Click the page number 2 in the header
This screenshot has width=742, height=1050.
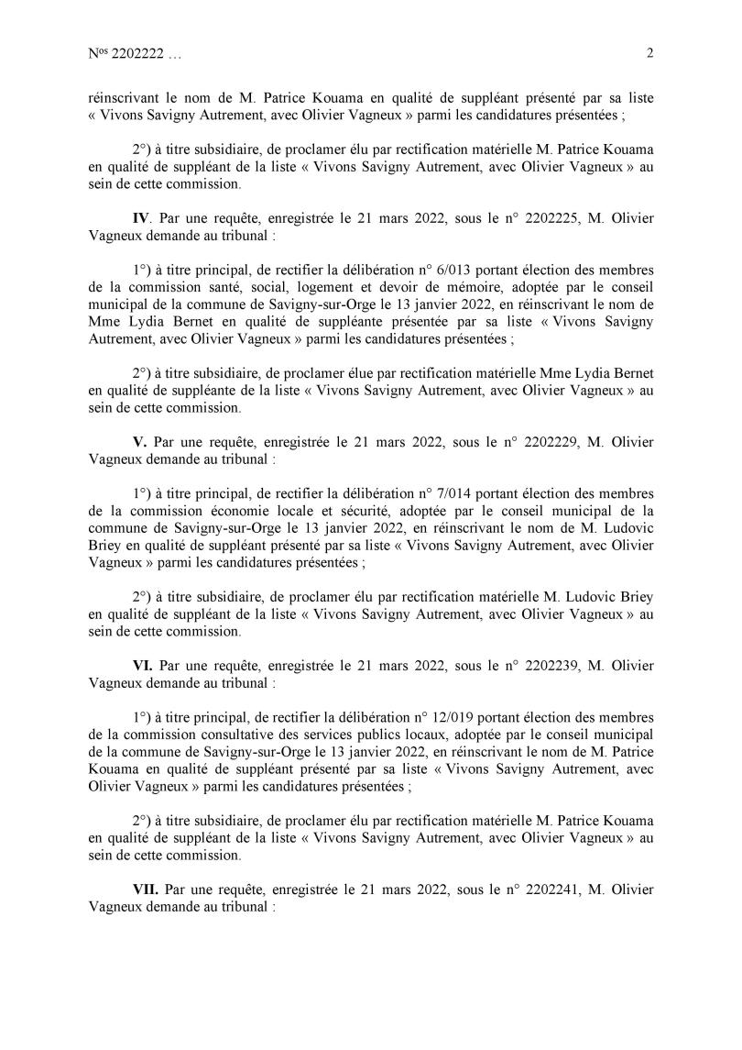(649, 53)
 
